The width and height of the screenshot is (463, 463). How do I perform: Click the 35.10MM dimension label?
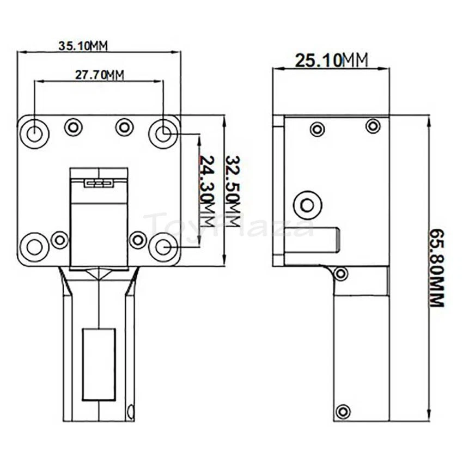83,45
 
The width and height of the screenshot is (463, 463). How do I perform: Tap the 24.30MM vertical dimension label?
207,190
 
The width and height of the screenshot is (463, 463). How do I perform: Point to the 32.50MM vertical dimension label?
233,191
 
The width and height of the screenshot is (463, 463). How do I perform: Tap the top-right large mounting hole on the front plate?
163,131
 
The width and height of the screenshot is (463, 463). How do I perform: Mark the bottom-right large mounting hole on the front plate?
163,246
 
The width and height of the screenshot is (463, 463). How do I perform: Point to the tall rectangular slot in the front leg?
99,364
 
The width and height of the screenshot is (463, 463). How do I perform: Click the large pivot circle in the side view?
308,205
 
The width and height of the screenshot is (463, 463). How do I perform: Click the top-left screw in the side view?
316,129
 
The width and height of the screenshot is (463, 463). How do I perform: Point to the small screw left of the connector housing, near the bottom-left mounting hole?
60,238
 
